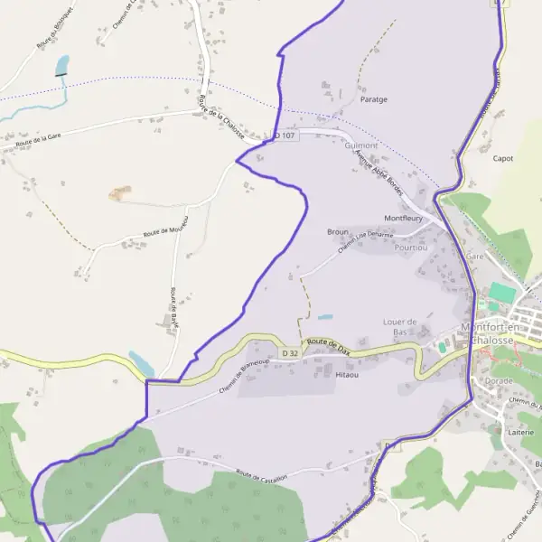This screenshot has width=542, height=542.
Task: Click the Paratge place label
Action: tap(373, 99)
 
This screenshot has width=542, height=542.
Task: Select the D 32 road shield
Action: tap(289, 352)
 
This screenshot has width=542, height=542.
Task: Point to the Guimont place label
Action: tap(361, 145)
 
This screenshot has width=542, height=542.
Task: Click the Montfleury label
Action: tap(404, 219)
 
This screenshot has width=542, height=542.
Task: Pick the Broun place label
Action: tap(338, 232)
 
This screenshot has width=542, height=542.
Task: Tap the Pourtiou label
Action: tap(411, 247)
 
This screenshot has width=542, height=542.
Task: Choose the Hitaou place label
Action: tap(347, 372)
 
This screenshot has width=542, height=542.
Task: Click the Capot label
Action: tap(503, 158)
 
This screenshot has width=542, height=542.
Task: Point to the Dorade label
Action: tap(499, 381)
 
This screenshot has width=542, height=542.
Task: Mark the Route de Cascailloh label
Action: tap(262, 475)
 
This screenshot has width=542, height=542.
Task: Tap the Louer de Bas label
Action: tap(398, 326)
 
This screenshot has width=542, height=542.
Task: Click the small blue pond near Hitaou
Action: tap(324, 318)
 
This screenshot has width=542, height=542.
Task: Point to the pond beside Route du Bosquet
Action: tap(61, 65)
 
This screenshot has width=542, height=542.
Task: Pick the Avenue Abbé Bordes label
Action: tap(378, 168)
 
